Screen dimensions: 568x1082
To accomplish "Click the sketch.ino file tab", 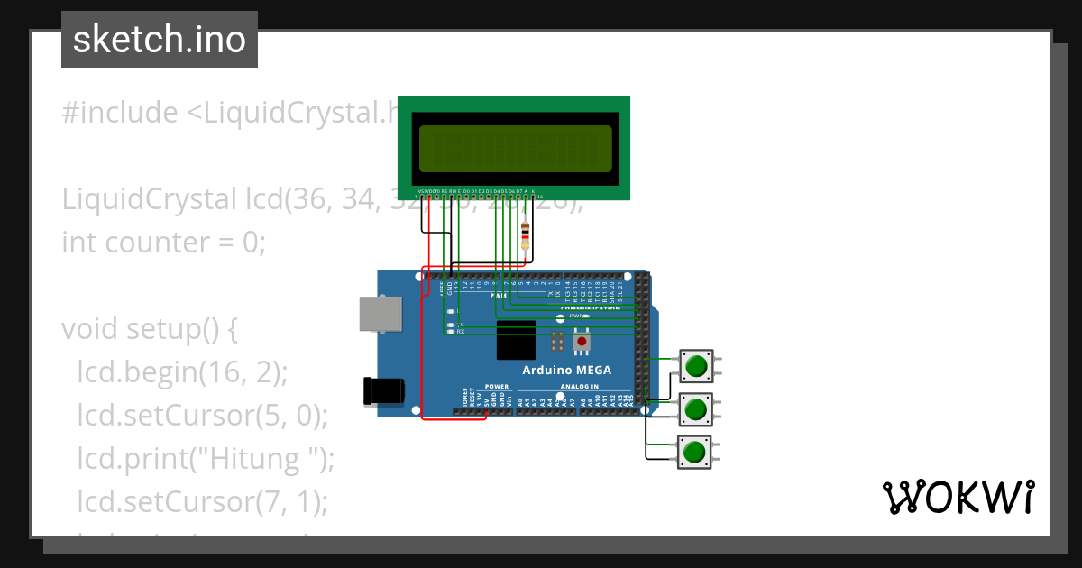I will [160, 40].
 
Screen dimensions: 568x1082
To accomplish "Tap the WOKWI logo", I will [957, 497].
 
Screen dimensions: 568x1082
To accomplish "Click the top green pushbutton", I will [696, 367].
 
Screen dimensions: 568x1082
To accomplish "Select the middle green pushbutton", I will [695, 409].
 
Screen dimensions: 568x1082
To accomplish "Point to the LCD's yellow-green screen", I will [514, 149].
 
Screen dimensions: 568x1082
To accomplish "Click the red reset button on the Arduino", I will [582, 342].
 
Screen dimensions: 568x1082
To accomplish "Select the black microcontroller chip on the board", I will [516, 340].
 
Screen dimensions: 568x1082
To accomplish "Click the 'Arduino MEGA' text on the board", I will [566, 371].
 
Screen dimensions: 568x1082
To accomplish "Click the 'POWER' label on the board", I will [497, 387].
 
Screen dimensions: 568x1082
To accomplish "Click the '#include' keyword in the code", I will [120, 113].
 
